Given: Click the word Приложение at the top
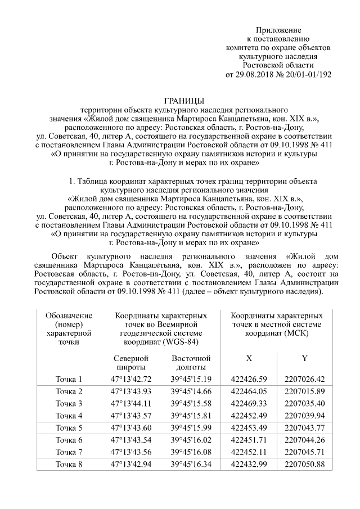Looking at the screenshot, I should [x=278, y=30].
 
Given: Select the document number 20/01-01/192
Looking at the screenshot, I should [x=308, y=75].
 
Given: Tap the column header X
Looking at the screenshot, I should [x=249, y=358].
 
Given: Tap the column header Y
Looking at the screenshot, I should [x=304, y=358].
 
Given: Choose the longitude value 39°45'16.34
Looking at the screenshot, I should [x=191, y=464].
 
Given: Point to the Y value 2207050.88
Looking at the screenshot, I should [x=304, y=464].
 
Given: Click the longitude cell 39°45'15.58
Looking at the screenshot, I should [x=191, y=403].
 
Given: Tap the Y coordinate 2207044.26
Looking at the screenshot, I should [x=304, y=440].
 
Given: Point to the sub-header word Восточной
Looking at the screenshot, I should [x=191, y=358].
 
